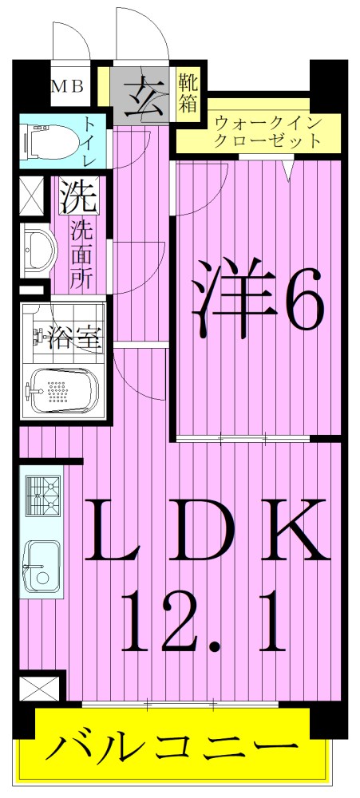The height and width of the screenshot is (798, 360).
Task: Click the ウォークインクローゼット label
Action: click(x=268, y=132)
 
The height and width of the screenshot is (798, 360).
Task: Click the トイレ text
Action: click(x=89, y=143)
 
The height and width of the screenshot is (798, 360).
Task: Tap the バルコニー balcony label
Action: click(x=172, y=750)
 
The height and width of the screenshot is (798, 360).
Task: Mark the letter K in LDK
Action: click(x=295, y=531)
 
